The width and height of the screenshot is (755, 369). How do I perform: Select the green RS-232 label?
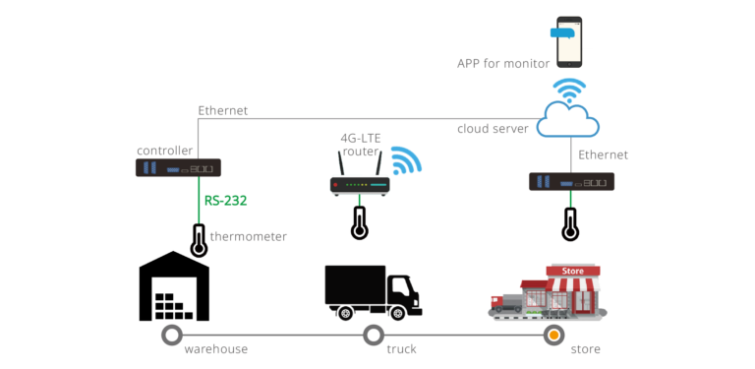coord(225,201)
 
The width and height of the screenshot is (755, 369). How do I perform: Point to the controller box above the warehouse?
coord(178,168)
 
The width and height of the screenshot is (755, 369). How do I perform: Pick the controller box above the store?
coord(572,182)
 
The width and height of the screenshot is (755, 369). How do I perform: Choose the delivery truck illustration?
coord(374,292)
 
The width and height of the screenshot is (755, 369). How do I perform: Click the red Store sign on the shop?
coord(572,271)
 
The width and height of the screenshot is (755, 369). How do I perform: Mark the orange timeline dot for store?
coord(554,336)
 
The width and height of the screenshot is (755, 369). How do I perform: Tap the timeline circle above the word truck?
coord(373,336)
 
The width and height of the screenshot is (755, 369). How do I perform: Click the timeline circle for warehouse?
coord(173,336)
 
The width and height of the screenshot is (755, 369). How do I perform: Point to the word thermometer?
coord(248,236)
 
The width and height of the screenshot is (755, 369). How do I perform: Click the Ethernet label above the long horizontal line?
coord(223,111)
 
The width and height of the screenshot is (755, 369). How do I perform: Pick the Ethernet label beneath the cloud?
coord(603,155)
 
